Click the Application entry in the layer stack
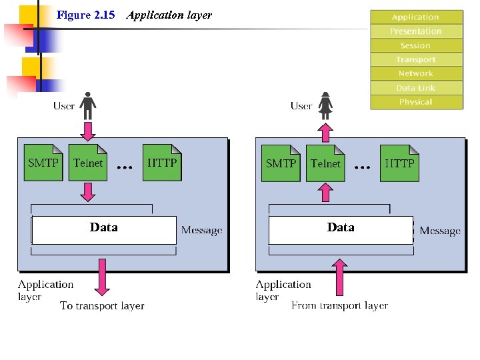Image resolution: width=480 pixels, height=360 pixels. pyautogui.click(x=416, y=17)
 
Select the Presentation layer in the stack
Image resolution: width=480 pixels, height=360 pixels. pyautogui.click(x=416, y=31)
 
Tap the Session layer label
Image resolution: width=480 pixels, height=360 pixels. pyautogui.click(x=416, y=45)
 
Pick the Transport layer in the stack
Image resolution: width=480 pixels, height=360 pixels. pyautogui.click(x=416, y=59)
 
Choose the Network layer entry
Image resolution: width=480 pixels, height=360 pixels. pyautogui.click(x=416, y=73)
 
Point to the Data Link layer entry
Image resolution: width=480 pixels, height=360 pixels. pyautogui.click(x=416, y=88)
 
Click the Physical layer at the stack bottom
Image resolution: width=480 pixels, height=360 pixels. pyautogui.click(x=416, y=102)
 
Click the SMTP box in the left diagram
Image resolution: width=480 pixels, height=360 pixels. pyautogui.click(x=43, y=163)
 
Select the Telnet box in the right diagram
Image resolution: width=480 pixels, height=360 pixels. pyautogui.click(x=325, y=163)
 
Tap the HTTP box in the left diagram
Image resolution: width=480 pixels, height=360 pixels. pyautogui.click(x=162, y=163)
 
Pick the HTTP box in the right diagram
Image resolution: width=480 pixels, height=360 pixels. pyautogui.click(x=399, y=163)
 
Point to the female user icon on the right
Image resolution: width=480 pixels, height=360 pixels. pyautogui.click(x=325, y=105)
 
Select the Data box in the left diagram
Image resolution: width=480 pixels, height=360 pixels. pyautogui.click(x=104, y=229)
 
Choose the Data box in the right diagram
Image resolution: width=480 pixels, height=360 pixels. pyautogui.click(x=341, y=229)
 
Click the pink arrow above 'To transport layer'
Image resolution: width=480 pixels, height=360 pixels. pyautogui.click(x=101, y=276)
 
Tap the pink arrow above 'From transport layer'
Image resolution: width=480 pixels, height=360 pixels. pyautogui.click(x=339, y=277)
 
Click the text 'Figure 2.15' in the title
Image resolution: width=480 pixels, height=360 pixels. pyautogui.click(x=86, y=15)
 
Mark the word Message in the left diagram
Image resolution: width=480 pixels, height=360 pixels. pyautogui.click(x=201, y=231)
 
